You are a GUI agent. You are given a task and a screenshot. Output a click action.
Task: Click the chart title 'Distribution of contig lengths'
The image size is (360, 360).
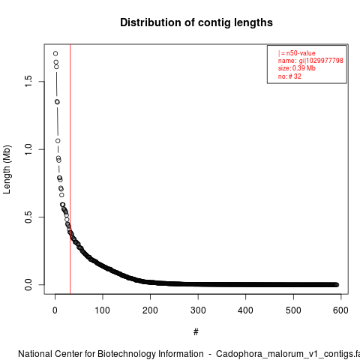tap(196, 22)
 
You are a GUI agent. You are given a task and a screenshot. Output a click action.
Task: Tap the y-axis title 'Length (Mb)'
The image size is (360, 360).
tap(7, 169)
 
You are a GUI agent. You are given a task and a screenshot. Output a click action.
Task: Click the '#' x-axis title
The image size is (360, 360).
tap(196, 332)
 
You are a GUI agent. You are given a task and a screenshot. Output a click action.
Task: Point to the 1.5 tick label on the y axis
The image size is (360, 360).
tap(28, 81)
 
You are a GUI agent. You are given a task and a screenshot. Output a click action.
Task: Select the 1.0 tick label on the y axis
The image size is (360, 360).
tap(28, 149)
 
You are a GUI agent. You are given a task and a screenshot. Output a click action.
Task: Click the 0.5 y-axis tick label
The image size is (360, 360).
tap(28, 217)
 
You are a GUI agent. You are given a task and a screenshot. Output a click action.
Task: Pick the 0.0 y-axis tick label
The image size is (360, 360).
tap(28, 285)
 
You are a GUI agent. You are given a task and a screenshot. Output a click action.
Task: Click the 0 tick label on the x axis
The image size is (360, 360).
tap(55, 310)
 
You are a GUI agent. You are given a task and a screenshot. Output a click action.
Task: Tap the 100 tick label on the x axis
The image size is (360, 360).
tap(103, 310)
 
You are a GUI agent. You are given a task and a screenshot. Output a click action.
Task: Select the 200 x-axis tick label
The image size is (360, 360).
tap(150, 310)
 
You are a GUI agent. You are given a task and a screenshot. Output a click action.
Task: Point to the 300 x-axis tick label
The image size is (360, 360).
tap(198, 310)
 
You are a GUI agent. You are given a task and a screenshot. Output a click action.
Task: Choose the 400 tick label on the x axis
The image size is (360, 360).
tap(245, 310)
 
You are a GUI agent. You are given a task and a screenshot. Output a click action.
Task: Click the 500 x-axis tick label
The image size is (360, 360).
tap(293, 310)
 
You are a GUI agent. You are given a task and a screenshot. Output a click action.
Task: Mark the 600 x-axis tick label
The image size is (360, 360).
tap(340, 310)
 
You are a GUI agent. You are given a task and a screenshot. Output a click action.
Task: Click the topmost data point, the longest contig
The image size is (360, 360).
tap(55, 53)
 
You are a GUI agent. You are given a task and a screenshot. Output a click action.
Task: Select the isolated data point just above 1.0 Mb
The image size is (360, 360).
tap(58, 141)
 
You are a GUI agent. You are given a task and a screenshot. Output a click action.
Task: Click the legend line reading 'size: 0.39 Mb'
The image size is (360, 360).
tap(297, 68)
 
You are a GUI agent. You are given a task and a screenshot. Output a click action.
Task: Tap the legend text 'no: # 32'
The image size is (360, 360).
tap(289, 76)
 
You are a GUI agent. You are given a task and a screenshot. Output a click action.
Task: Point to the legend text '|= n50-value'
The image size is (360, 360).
tap(297, 53)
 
